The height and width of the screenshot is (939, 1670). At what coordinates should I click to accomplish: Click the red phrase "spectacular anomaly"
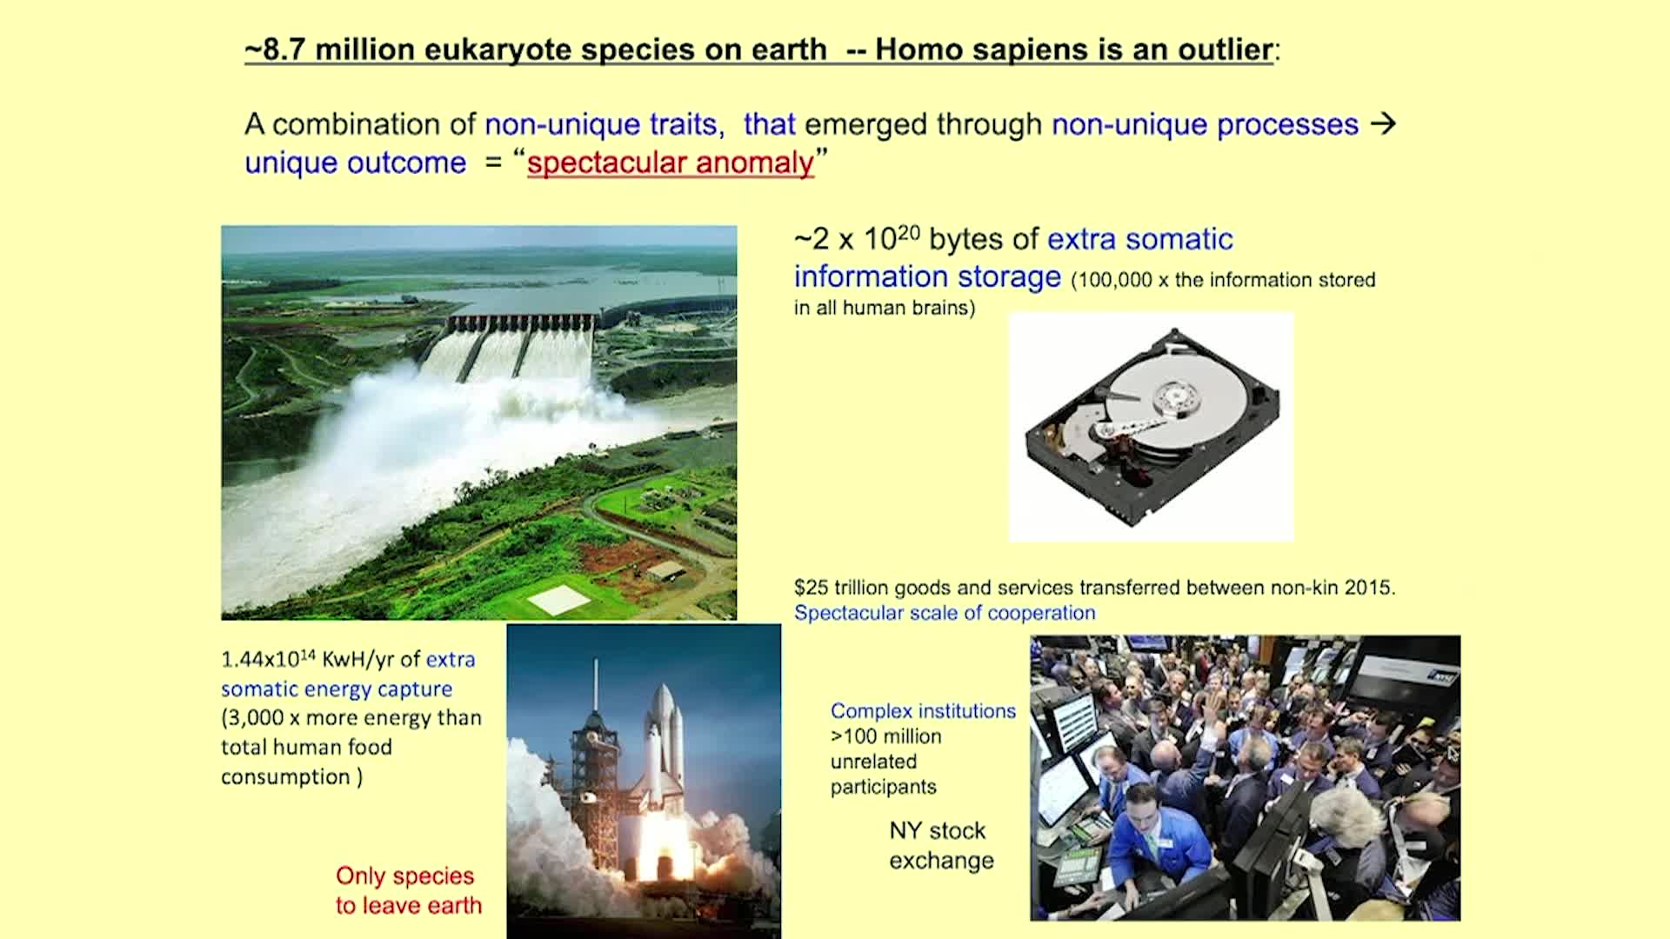click(x=671, y=163)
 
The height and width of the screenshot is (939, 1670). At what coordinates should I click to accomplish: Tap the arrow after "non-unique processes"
click(x=1383, y=124)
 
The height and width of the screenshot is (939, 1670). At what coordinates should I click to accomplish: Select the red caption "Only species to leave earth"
click(x=408, y=890)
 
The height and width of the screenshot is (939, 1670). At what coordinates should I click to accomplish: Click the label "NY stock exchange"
click(x=940, y=845)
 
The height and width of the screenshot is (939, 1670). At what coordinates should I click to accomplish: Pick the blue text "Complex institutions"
click(x=923, y=711)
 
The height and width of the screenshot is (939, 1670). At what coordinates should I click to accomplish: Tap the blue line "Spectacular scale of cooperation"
click(x=945, y=613)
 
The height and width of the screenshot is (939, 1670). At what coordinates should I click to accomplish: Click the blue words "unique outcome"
click(x=355, y=163)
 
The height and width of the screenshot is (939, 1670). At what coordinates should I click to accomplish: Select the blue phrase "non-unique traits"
click(x=604, y=125)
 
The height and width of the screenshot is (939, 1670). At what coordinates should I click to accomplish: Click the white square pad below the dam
click(x=558, y=599)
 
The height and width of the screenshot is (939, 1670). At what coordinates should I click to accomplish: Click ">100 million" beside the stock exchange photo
click(x=885, y=736)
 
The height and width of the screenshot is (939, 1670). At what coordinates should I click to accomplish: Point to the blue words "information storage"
click(x=927, y=277)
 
